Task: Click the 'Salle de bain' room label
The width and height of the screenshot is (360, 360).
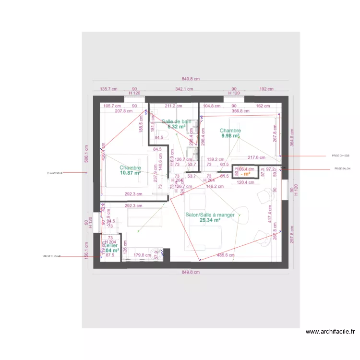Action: point(176,121)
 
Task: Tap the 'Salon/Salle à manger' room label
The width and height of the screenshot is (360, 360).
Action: point(210,215)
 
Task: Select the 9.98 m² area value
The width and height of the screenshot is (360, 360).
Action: point(230,136)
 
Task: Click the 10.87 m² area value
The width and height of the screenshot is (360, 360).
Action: point(130,173)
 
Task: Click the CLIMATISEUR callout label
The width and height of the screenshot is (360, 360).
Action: point(55,173)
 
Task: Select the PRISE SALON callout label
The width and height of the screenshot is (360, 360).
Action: point(343,169)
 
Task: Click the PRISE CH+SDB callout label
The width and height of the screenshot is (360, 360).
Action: point(341,156)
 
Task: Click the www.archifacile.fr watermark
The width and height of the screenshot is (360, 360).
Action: point(330,331)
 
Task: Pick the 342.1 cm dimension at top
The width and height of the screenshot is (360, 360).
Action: point(184,89)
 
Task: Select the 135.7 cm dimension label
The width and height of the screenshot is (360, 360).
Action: point(108,89)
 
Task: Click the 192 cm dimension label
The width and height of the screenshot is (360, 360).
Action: point(266,89)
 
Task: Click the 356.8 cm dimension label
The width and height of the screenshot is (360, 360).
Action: point(240,111)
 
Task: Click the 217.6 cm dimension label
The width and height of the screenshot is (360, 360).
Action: point(256,157)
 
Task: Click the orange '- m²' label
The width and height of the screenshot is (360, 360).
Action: point(245,174)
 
